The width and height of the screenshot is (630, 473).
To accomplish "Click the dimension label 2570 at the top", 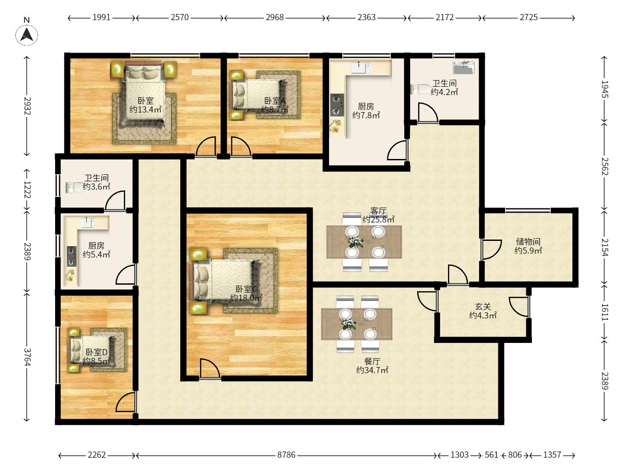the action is coord(180,18).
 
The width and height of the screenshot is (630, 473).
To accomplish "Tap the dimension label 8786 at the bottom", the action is coord(286,455).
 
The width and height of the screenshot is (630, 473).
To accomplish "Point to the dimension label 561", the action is coord(491,455).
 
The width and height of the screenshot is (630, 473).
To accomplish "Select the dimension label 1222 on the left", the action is coord(27,190).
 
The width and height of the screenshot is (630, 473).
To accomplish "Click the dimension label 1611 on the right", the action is coord(605,312).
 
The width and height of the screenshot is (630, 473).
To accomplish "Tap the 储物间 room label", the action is coord(528,241).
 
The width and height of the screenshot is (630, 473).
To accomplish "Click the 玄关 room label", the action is coord(483,307).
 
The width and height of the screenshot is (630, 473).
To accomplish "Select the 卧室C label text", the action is coord(246,289).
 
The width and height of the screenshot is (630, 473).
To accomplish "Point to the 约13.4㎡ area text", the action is coord(145,109).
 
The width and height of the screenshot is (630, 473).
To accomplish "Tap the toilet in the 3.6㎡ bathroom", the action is coord(74,187).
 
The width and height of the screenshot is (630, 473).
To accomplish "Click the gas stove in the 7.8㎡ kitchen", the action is coord(337,105).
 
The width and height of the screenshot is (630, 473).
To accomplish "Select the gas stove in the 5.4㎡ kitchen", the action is coord(72,256).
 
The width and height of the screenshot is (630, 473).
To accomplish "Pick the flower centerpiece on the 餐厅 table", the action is coord(349,324).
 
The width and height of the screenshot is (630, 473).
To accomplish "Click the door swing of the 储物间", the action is coord(492,250).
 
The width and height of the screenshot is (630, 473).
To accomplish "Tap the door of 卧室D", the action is coord(126,402).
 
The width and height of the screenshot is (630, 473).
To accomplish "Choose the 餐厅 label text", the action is coord(372,361).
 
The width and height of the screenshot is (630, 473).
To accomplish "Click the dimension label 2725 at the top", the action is coord(528,18).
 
